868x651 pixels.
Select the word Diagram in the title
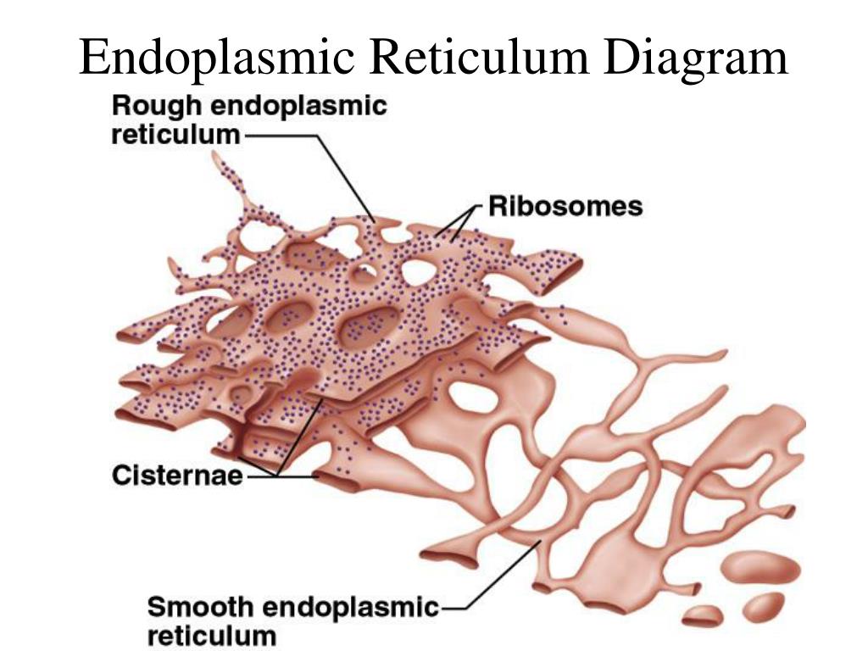tap(696, 58)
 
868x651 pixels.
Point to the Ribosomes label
tap(565, 207)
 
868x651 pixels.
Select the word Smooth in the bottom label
tap(200, 607)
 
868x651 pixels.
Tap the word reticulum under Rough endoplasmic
tap(176, 135)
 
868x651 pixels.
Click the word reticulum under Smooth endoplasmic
tap(212, 636)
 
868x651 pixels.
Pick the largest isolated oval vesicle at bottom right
tap(761, 568)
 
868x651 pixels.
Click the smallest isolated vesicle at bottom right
tap(703, 615)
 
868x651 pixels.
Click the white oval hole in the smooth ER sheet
tap(471, 397)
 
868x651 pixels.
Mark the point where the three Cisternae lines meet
tap(276, 476)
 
